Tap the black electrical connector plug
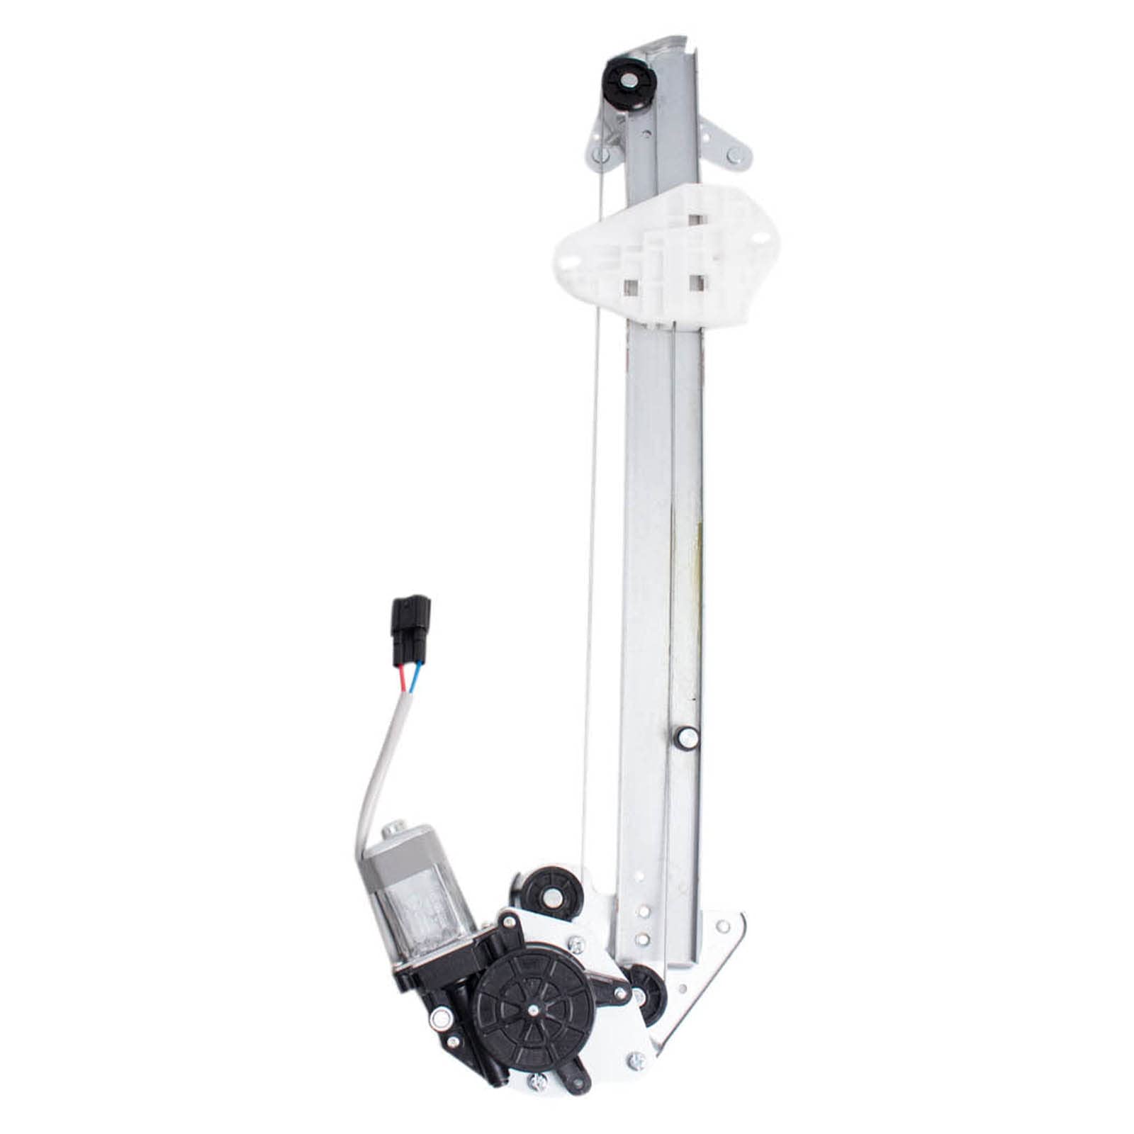click(410, 625)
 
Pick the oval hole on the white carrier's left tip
click(571, 257)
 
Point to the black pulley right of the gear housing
click(647, 984)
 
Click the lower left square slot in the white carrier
click(629, 286)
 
